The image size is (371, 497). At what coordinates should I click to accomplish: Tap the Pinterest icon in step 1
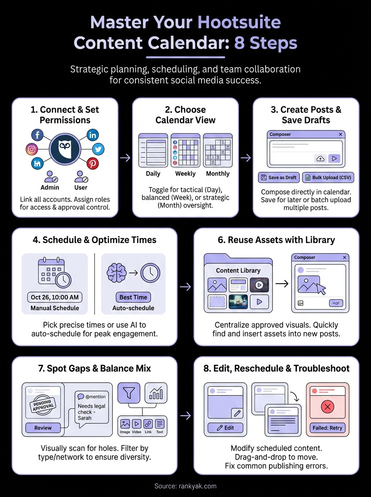coord(92,164)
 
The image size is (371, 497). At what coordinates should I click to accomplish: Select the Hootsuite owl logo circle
coord(65,150)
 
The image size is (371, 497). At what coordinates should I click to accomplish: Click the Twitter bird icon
coord(98,149)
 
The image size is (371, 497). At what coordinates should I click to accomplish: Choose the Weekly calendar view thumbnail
coord(185,150)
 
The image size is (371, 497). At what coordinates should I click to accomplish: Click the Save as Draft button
coord(279,177)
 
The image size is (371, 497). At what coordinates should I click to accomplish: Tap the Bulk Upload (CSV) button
coord(328,177)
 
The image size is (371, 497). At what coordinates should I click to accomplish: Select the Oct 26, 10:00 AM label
coord(55,297)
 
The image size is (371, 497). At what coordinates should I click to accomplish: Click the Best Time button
coord(133,297)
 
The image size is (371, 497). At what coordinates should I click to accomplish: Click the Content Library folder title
coord(238,270)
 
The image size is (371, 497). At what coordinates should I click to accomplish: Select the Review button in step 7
coord(43,428)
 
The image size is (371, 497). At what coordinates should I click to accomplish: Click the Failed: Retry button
coord(327,428)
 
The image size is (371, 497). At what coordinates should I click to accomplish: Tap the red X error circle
coord(328,407)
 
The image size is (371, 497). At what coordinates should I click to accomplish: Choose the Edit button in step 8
coord(226,428)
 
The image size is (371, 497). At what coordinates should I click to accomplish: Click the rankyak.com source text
coord(185,486)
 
